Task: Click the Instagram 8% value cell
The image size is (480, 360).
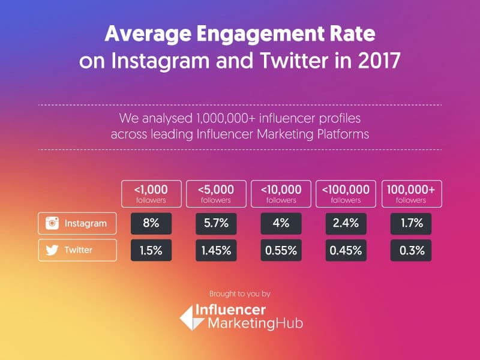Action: tap(151, 224)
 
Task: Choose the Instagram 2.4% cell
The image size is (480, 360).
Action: tap(346, 224)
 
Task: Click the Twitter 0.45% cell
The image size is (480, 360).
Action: tap(346, 250)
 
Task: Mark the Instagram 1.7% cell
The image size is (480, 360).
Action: tap(412, 224)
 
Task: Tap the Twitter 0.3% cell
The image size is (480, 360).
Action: tap(412, 250)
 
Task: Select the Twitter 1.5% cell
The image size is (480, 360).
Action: tap(151, 250)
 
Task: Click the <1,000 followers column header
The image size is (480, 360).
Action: tap(151, 194)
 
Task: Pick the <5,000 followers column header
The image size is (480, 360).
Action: tap(217, 194)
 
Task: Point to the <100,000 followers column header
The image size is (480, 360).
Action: tap(346, 194)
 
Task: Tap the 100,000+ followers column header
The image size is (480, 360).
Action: tap(412, 194)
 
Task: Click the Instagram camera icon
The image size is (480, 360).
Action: tap(53, 224)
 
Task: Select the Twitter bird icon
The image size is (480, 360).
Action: tap(53, 250)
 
